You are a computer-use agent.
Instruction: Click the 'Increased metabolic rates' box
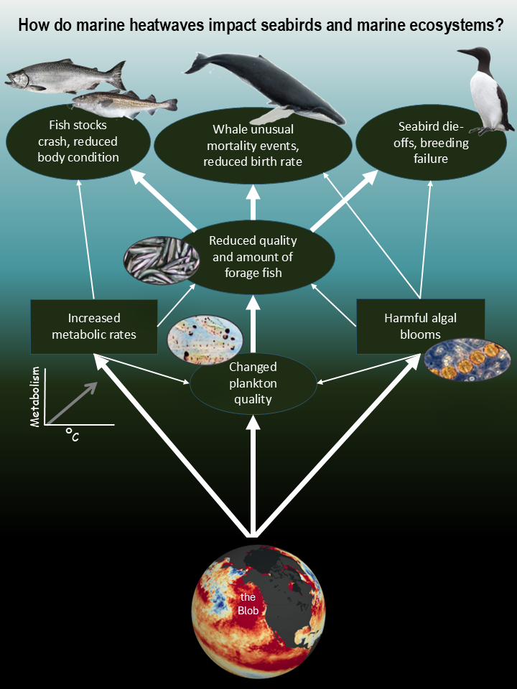(94, 327)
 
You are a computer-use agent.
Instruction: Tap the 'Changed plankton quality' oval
(253, 383)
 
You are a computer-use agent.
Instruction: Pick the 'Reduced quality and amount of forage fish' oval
(253, 256)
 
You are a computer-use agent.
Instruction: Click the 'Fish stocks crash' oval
(78, 141)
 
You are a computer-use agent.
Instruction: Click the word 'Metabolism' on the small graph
(34, 398)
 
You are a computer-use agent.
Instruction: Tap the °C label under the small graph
(72, 434)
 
